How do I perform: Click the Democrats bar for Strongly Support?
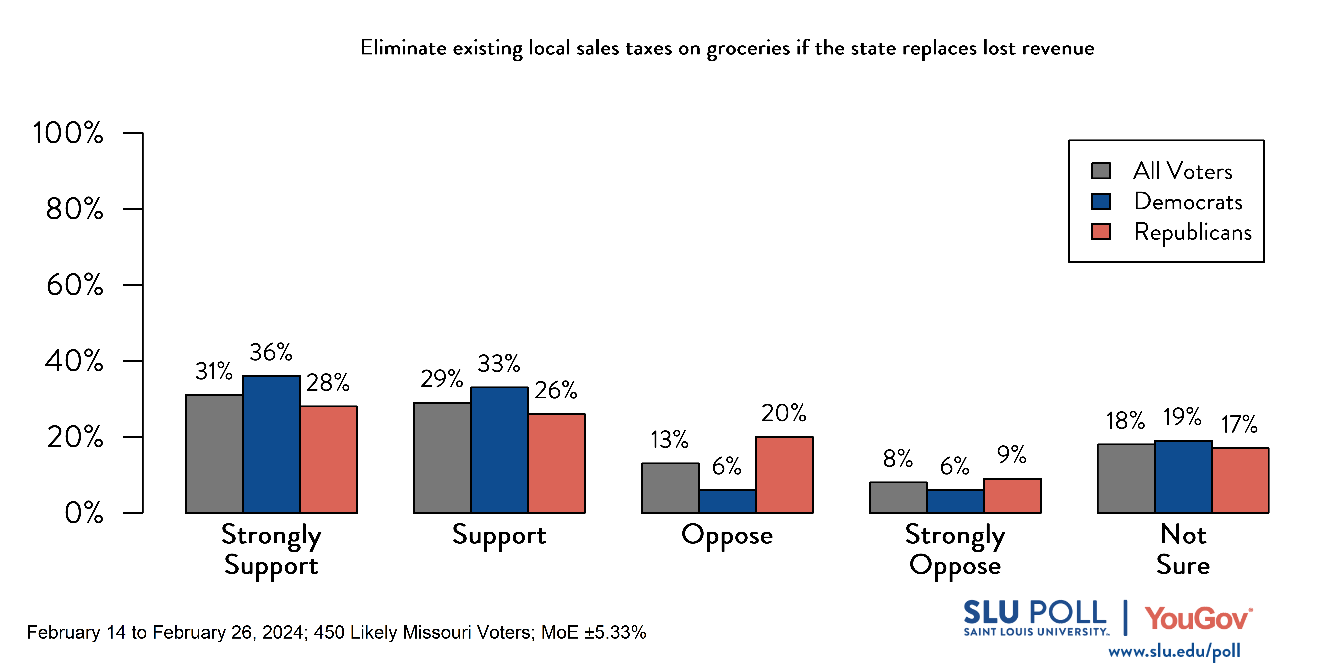(x=271, y=444)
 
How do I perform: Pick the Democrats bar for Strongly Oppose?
(x=955, y=501)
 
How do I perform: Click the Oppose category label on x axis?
(x=727, y=535)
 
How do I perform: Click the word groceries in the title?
(x=748, y=49)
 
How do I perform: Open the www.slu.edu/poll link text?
(x=1174, y=652)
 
